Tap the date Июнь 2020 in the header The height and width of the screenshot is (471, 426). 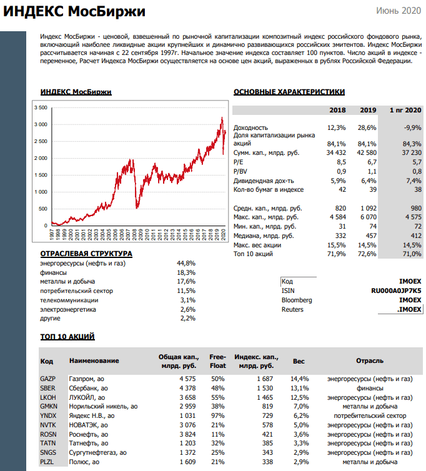399,11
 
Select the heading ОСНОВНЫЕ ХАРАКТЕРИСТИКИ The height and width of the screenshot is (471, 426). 289,92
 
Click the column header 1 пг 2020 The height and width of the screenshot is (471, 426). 405,110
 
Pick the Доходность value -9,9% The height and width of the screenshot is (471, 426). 412,127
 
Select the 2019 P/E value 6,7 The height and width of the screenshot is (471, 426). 370,161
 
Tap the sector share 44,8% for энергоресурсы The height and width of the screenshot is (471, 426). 187,263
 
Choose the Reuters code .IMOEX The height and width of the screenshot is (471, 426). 409,309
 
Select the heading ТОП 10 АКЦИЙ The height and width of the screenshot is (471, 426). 67,337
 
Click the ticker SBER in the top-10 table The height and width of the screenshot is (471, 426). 48,388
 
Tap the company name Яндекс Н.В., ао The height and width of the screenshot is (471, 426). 92,415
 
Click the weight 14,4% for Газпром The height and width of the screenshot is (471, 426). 299,379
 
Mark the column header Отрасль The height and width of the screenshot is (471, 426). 370,361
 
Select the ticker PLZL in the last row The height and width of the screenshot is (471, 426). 47,462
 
